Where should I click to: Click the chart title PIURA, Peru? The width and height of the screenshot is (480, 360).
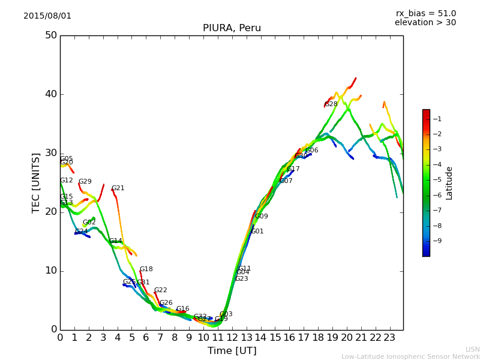click(x=232, y=28)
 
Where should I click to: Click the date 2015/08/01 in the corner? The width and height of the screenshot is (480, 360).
click(x=47, y=16)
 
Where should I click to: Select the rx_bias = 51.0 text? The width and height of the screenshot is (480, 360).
click(x=425, y=13)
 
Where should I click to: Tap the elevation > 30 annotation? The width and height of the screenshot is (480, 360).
click(x=425, y=23)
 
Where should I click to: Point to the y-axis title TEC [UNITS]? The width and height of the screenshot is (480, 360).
click(x=36, y=182)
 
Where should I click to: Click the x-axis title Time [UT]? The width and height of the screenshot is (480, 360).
click(x=232, y=351)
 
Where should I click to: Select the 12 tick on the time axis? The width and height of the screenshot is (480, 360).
click(x=232, y=338)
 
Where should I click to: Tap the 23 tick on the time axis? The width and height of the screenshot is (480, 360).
click(x=389, y=338)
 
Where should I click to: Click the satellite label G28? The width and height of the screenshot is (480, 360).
click(x=331, y=104)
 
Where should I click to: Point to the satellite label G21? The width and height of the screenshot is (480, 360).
click(x=118, y=188)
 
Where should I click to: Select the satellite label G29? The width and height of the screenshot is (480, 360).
click(x=85, y=182)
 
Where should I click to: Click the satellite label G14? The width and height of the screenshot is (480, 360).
click(x=116, y=241)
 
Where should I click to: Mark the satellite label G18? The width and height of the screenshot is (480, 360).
click(x=146, y=270)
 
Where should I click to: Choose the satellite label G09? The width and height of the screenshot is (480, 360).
click(x=262, y=217)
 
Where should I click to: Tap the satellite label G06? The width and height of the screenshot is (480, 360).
click(x=312, y=151)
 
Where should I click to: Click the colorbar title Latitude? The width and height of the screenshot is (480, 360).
click(x=449, y=183)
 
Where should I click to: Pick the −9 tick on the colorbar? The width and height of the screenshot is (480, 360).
click(x=438, y=241)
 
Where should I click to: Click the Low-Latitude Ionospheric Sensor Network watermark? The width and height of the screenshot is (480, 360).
click(x=410, y=357)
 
